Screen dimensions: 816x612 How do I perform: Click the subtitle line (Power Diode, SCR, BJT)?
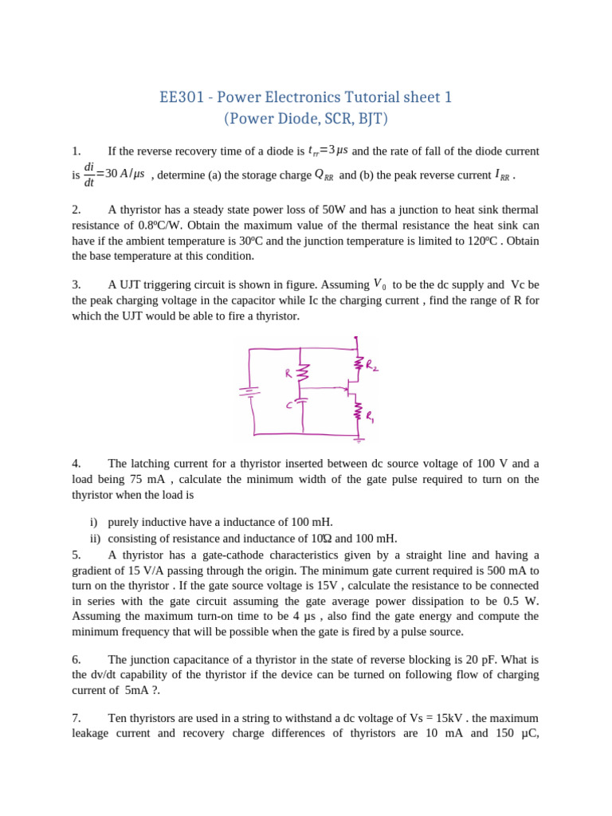click(305, 120)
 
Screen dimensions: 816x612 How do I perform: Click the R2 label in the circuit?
click(372, 365)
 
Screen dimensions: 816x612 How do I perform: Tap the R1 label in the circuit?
click(370, 415)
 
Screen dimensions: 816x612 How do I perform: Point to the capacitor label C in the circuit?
click(289, 406)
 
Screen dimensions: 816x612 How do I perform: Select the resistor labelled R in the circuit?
click(302, 373)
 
